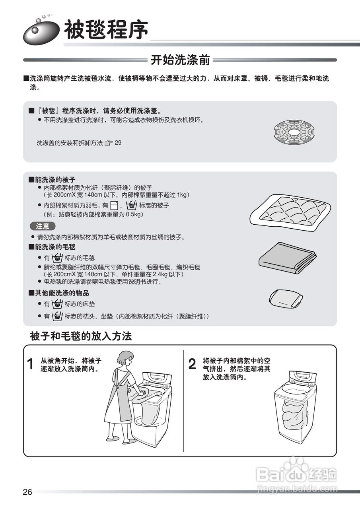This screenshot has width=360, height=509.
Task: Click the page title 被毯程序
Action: pyautogui.click(x=106, y=30)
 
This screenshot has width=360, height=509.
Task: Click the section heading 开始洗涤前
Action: pyautogui.click(x=180, y=60)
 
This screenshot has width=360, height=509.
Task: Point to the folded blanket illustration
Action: pyautogui.click(x=287, y=257)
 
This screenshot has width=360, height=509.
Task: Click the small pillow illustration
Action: pyautogui.click(x=286, y=298)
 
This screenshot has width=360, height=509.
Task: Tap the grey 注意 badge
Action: pyautogui.click(x=43, y=226)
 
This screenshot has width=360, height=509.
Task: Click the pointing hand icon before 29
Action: pyautogui.click(x=109, y=143)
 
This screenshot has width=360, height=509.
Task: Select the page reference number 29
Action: pyautogui.click(x=118, y=143)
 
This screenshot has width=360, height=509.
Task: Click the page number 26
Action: pyautogui.click(x=27, y=492)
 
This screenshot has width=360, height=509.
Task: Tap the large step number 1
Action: pyautogui.click(x=30, y=364)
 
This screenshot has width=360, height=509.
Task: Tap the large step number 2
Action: pyautogui.click(x=192, y=364)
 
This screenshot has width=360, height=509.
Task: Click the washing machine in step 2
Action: pyautogui.click(x=295, y=406)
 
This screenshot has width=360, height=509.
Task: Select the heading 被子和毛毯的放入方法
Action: pyautogui.click(x=81, y=336)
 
